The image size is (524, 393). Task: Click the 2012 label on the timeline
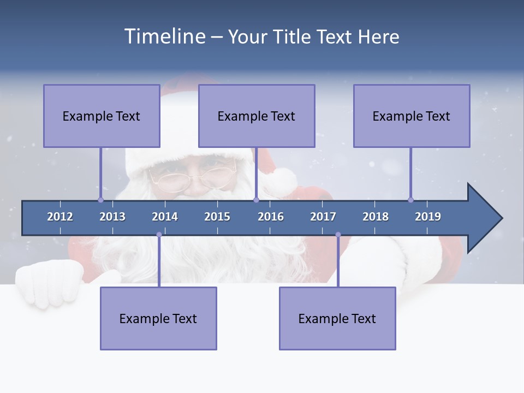(60, 217)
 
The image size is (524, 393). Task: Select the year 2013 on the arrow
(112, 217)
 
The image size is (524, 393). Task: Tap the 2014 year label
(165, 217)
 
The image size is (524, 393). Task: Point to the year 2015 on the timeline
(217, 217)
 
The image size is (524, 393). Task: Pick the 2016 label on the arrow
(271, 217)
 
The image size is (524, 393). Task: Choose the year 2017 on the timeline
(323, 217)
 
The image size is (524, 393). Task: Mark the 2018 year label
(376, 217)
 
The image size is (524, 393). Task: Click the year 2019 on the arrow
(428, 217)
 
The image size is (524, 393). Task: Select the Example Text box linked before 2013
(102, 116)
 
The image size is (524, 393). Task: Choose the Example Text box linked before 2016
(257, 116)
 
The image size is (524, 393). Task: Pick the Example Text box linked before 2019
(412, 116)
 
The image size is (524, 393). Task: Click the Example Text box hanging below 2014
(158, 318)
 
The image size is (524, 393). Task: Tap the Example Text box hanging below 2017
(337, 318)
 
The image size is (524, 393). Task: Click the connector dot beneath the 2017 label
(338, 235)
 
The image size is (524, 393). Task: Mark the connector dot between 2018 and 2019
(410, 200)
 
